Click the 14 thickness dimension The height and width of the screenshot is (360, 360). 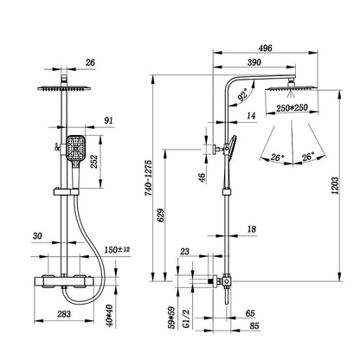[250, 114]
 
